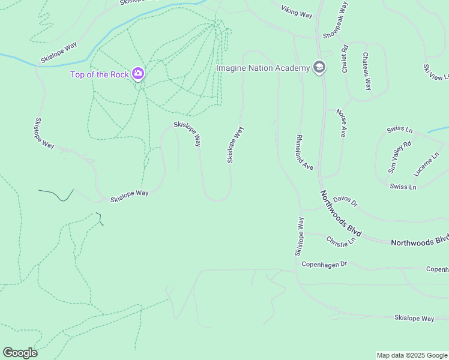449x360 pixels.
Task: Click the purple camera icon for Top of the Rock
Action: click(138, 74)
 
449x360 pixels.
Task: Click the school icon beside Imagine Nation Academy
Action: click(319, 67)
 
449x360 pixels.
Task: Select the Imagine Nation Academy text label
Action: click(263, 68)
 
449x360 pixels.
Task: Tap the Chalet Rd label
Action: click(345, 59)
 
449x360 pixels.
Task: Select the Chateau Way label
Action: click(367, 71)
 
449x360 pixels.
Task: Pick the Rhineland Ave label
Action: click(305, 152)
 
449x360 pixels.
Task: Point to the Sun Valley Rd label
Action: click(400, 157)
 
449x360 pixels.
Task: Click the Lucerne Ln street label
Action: click(426, 162)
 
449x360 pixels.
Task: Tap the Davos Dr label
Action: click(345, 200)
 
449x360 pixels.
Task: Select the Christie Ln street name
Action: click(341, 240)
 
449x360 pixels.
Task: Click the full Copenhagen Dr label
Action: click(324, 264)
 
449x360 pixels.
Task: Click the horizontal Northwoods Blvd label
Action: click(419, 241)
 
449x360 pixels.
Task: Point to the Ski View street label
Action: click(437, 73)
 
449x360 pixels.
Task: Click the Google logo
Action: click(20, 353)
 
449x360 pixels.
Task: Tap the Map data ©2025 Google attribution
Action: click(412, 355)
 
